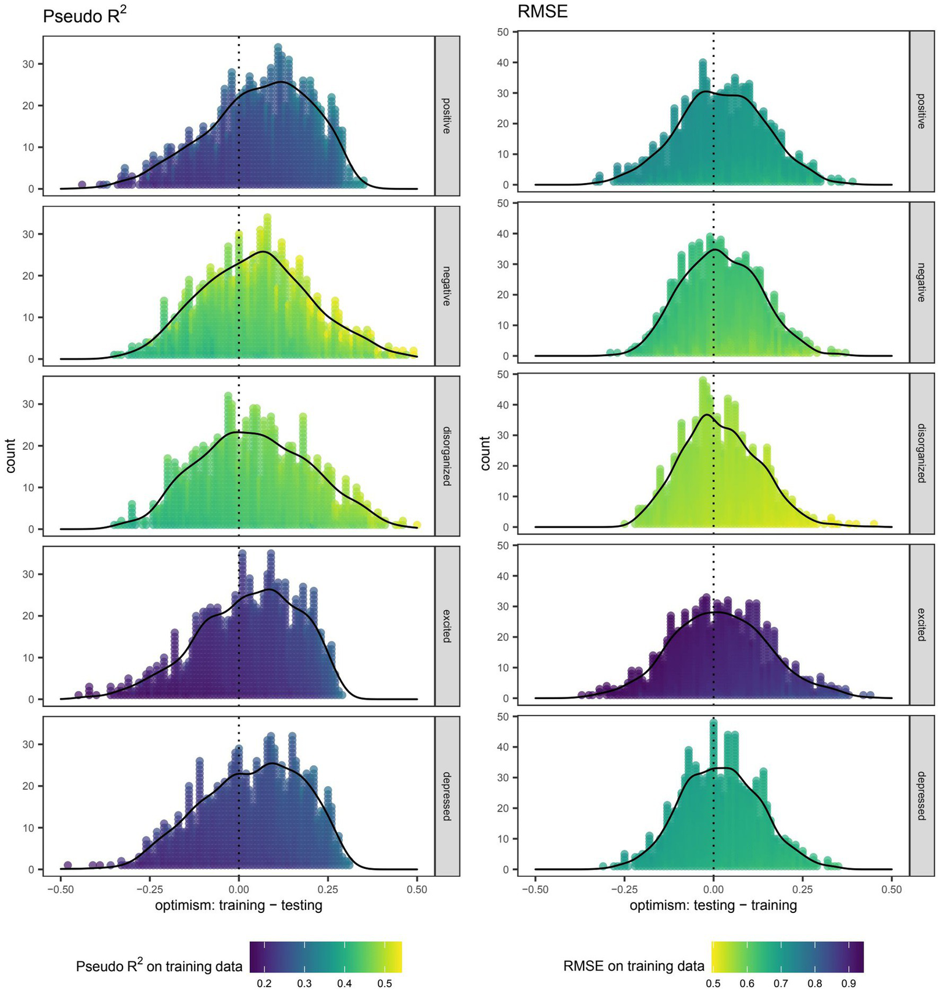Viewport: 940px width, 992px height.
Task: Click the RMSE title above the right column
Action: (543, 12)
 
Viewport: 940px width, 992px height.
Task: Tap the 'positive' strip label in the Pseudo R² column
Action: (446, 116)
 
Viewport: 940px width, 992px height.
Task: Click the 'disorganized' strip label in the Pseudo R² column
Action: (446, 455)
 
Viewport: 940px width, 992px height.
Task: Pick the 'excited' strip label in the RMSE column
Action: (921, 624)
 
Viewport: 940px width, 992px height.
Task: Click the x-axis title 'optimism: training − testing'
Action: (239, 905)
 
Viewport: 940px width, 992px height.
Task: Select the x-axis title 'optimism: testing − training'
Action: (713, 905)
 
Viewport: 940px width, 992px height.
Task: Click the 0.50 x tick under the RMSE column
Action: (892, 889)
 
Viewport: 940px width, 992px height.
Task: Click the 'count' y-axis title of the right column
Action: (486, 453)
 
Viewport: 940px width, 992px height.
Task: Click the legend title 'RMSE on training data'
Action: (633, 966)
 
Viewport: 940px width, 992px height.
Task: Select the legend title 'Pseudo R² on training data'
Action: (159, 966)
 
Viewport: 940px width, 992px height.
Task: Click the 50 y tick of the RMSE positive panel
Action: (503, 32)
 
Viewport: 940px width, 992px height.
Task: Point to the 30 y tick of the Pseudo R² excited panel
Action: (29, 574)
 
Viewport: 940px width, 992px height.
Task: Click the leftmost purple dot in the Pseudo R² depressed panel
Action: (68, 865)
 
